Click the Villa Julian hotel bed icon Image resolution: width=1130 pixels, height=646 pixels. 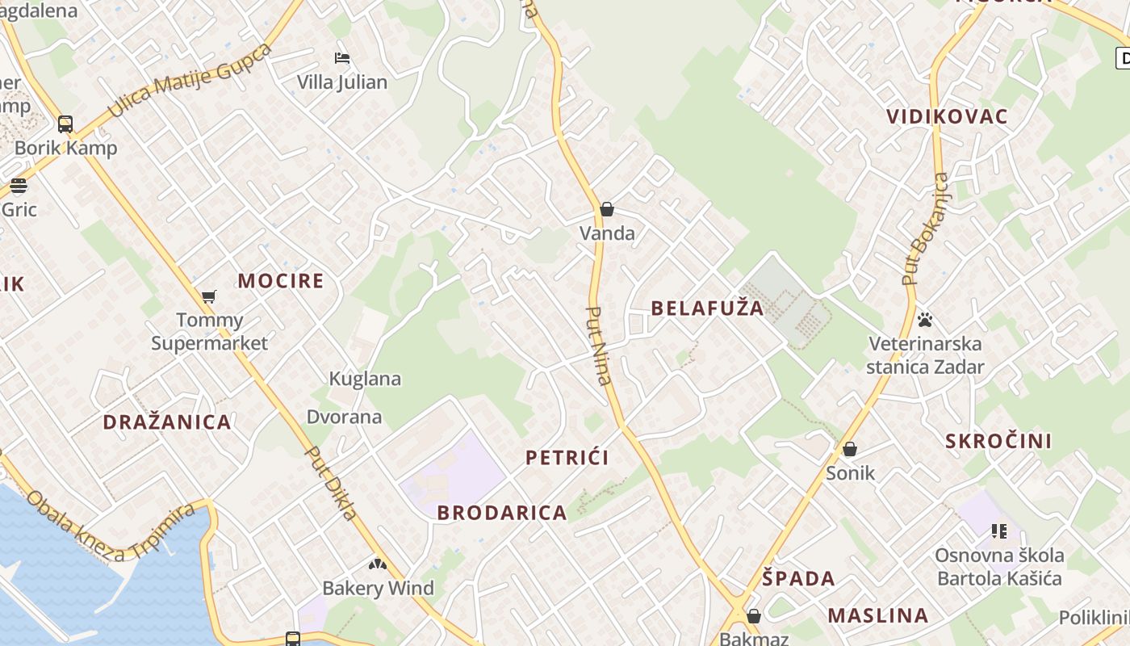(x=342, y=58)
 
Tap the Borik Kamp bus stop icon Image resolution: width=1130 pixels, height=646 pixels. (x=65, y=124)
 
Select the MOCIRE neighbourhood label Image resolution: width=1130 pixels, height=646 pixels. (x=281, y=281)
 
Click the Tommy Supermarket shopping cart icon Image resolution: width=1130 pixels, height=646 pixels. (x=209, y=296)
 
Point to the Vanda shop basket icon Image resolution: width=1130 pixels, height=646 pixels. (x=607, y=210)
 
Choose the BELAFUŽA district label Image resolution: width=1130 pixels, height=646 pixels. (x=707, y=308)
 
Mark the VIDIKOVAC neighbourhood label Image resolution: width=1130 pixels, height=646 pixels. (x=948, y=116)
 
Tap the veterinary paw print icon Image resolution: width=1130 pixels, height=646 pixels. (x=925, y=320)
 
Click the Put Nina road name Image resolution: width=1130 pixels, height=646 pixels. (x=597, y=345)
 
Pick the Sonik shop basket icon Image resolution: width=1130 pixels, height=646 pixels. (x=850, y=449)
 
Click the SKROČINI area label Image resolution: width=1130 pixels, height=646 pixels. (x=998, y=441)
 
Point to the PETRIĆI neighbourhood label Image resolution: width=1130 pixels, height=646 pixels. (x=567, y=458)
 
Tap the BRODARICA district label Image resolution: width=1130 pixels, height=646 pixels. (x=502, y=513)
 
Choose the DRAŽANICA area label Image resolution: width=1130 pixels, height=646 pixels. (x=167, y=422)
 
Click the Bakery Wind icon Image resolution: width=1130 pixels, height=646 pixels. (x=378, y=564)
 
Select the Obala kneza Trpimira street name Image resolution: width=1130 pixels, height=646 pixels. (x=111, y=525)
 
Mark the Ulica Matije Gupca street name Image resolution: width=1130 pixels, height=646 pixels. (x=190, y=80)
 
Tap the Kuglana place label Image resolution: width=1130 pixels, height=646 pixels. (x=365, y=379)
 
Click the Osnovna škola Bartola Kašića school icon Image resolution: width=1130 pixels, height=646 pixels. (x=999, y=531)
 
